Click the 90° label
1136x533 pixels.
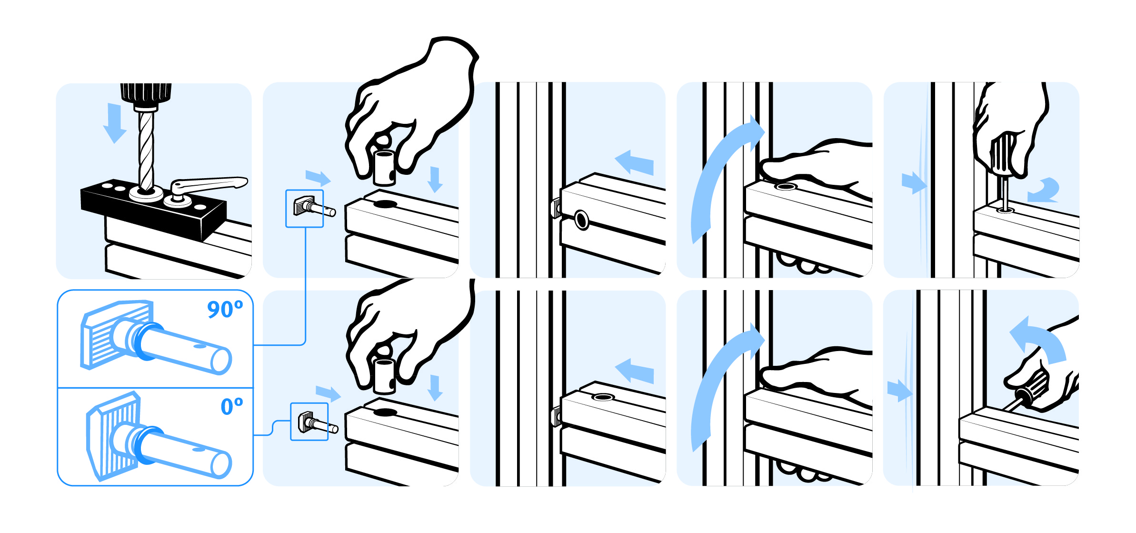coord(225,309)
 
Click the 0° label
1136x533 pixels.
coord(232,406)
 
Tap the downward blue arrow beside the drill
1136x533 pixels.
coord(114,123)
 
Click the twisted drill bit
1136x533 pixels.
coord(146,150)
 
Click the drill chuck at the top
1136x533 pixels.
coord(146,95)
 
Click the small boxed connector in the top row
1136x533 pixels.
coord(305,209)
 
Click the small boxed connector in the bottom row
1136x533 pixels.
coord(309,422)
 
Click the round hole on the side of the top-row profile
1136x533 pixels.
coord(581,220)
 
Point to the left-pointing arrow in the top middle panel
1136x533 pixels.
coord(634,163)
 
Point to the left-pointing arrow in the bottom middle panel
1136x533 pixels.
coord(634,372)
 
